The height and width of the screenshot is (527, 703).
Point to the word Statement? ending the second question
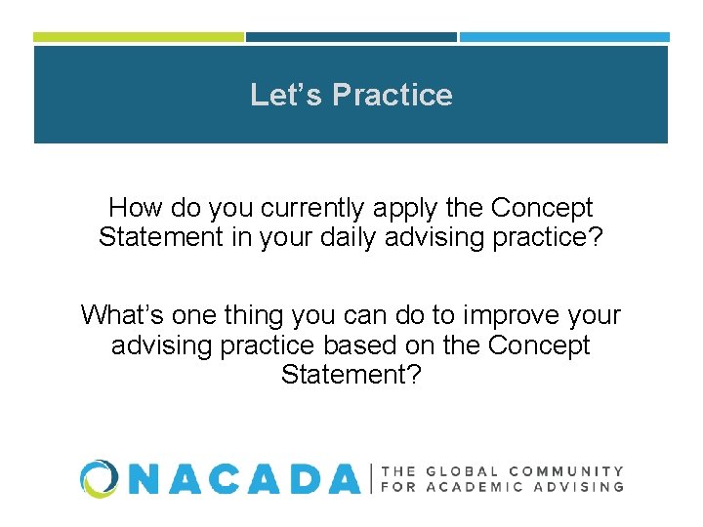point(351,374)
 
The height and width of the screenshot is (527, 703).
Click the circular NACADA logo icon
point(100,478)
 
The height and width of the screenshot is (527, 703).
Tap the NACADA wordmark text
point(243,478)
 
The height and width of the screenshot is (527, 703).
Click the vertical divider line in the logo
point(371,478)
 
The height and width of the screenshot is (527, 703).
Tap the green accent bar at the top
point(139,37)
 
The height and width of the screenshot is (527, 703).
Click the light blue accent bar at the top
point(564,37)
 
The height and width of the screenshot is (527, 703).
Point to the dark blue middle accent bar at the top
point(351,37)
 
